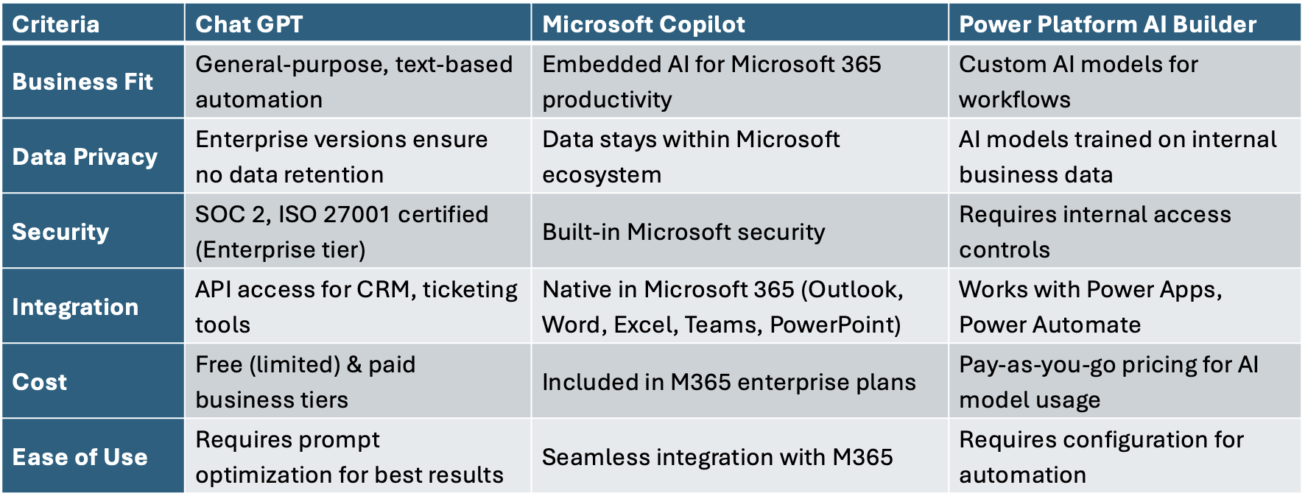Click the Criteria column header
(x=56, y=24)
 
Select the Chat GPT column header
(x=249, y=24)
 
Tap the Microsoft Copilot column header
(x=644, y=24)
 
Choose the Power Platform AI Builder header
(x=1108, y=24)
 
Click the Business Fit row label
(x=82, y=82)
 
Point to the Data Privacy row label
(x=85, y=157)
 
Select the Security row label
(x=60, y=232)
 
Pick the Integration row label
(x=75, y=307)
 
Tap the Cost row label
(x=40, y=382)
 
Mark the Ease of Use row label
(x=80, y=457)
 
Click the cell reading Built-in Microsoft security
(x=683, y=232)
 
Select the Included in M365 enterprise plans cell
(x=729, y=382)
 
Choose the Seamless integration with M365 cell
(x=717, y=457)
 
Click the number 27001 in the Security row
(x=357, y=214)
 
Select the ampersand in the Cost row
(x=354, y=364)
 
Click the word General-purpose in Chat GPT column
(x=292, y=65)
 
